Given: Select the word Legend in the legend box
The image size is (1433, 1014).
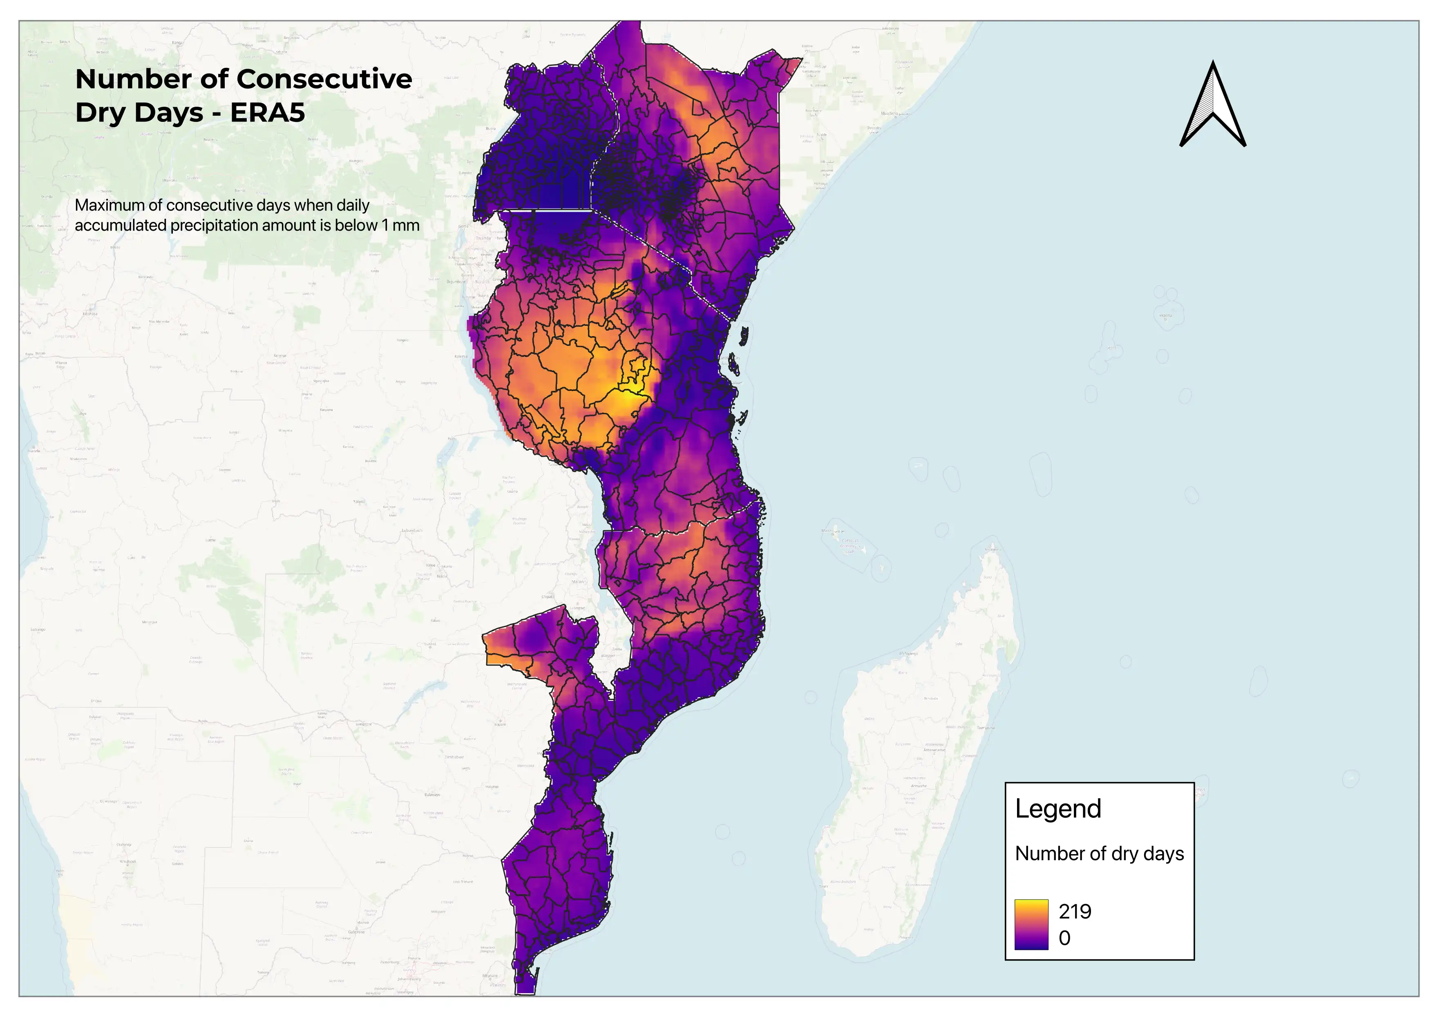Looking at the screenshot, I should pyautogui.click(x=1058, y=809).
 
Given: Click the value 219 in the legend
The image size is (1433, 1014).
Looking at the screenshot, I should pyautogui.click(x=1075, y=912).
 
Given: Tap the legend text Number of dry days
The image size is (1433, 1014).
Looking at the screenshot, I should pyautogui.click(x=1099, y=854).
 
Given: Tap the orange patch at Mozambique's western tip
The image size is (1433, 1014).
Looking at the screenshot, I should pyautogui.click(x=499, y=657).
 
